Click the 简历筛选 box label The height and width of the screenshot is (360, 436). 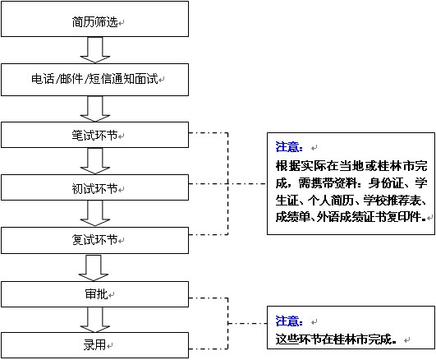tap(95, 21)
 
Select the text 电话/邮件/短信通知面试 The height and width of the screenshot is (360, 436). tap(94, 79)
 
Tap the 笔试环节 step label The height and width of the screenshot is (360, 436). tap(95, 136)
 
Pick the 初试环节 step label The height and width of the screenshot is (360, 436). tap(95, 188)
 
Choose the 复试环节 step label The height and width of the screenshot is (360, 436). tap(95, 240)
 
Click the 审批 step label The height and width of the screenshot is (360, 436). tap(96, 294)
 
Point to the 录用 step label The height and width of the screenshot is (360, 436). tap(94, 345)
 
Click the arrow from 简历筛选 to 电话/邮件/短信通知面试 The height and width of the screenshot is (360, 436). tap(95, 50)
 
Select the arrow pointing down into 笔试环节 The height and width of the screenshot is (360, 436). tap(95, 108)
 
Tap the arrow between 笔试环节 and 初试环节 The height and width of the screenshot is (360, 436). tap(95, 161)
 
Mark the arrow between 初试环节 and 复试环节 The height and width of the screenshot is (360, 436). tap(95, 214)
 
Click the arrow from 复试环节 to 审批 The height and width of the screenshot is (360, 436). tap(94, 268)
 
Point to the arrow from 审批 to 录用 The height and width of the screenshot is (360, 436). tap(95, 320)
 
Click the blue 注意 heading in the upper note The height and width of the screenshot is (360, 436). tap(289, 147)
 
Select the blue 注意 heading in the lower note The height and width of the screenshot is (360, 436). tap(289, 321)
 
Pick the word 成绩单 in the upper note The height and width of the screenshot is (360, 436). tap(293, 217)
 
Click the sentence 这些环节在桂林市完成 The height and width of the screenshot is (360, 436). tap(336, 339)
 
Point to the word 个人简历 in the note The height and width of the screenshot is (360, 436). tap(331, 201)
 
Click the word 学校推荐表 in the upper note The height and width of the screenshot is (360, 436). tap(392, 201)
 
